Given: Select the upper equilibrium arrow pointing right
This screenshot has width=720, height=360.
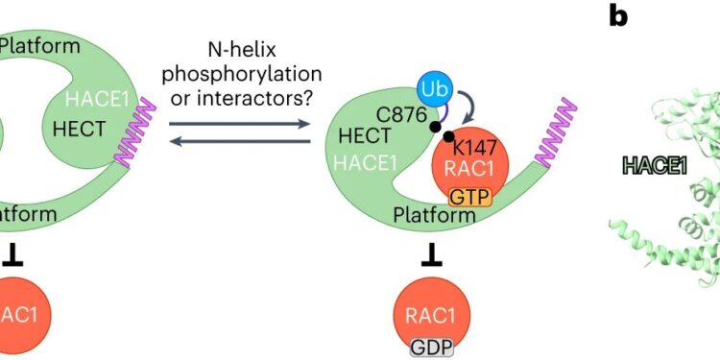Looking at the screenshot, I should pos(240,123).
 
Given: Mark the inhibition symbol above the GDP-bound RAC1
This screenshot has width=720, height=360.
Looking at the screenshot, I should pos(433,256).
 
